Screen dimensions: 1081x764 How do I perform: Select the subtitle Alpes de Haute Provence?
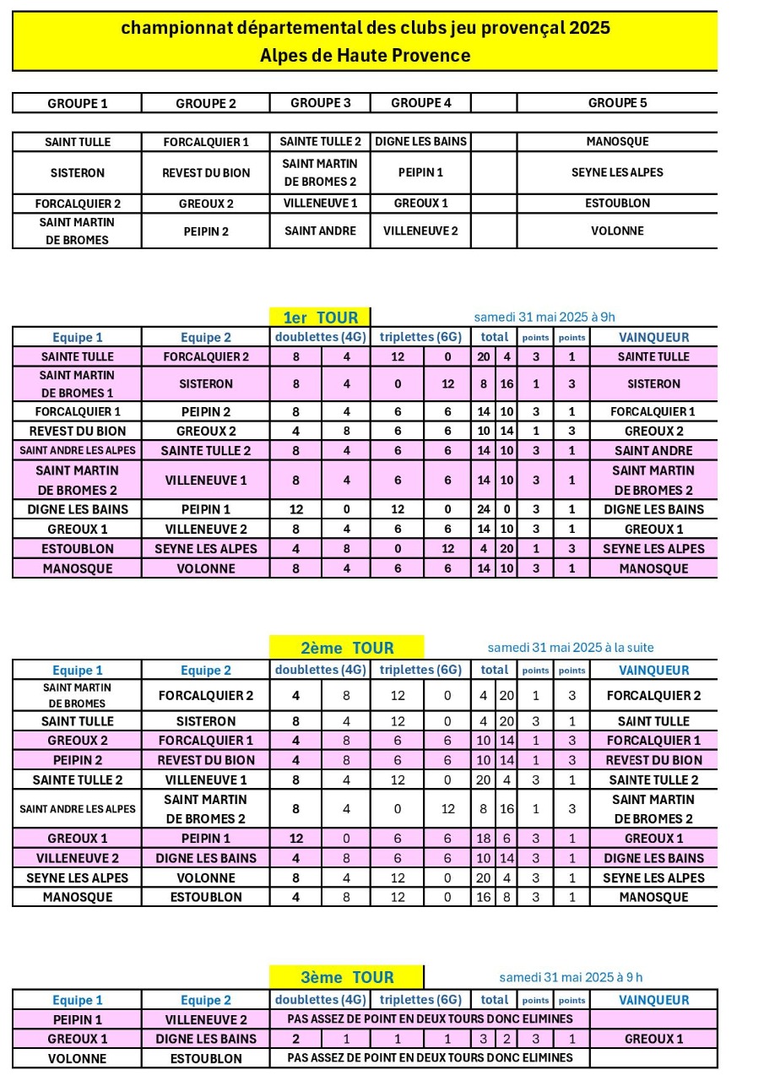click(365, 56)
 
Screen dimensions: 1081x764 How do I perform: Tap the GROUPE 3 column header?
click(320, 103)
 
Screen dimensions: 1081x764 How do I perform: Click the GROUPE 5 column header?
click(617, 103)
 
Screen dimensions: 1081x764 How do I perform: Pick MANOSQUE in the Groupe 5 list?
click(617, 142)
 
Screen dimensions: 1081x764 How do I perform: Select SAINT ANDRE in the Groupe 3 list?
click(320, 231)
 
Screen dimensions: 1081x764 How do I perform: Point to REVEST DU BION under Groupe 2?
click(206, 172)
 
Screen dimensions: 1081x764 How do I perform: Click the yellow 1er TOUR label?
click(320, 318)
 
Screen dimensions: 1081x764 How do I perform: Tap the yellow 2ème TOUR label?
click(347, 648)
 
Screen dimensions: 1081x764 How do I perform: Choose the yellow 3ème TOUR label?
click(347, 977)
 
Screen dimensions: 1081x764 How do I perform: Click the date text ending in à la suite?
click(571, 648)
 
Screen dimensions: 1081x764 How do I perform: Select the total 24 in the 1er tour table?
click(484, 509)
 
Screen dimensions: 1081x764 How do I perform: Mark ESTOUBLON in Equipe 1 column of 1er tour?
click(77, 549)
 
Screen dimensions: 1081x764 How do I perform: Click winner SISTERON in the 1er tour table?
click(653, 383)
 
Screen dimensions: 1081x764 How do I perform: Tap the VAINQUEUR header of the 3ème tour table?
click(653, 1000)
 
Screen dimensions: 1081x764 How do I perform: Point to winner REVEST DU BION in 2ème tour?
click(653, 760)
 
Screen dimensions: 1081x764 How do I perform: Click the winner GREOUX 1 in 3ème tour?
click(653, 1039)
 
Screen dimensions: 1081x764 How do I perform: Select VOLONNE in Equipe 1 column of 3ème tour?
click(77, 1058)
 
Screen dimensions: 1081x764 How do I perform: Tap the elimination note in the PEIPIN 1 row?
click(430, 1019)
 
